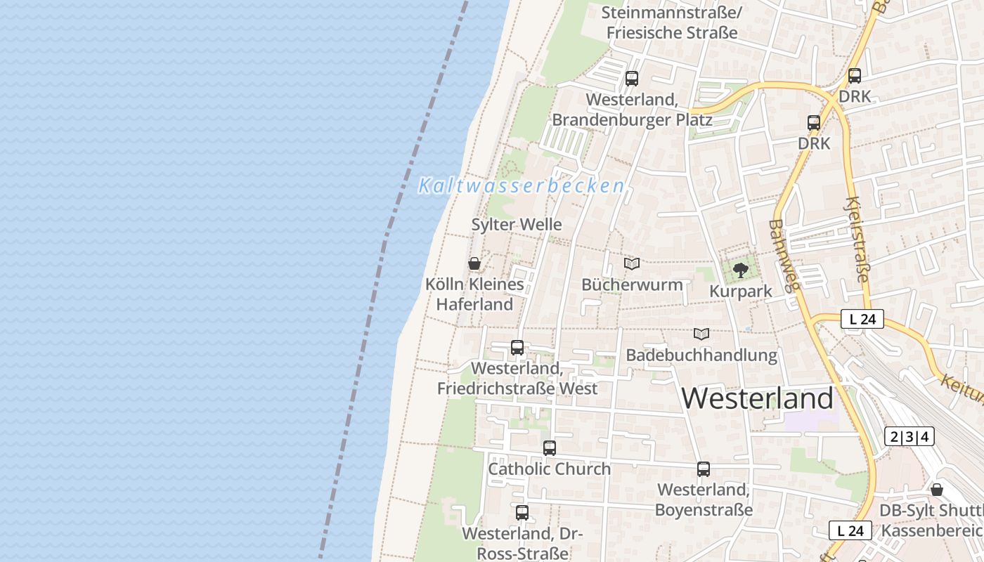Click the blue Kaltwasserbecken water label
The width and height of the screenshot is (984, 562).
[522, 186]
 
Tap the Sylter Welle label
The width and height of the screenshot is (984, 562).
[517, 225]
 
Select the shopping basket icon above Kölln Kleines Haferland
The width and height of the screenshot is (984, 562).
[474, 264]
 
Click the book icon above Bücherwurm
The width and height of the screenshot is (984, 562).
[632, 263]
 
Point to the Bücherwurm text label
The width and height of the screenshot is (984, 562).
[632, 285]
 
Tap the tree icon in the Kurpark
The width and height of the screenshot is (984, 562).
[740, 270]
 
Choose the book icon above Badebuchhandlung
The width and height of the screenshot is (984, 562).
[701, 334]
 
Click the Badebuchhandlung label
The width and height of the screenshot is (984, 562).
[701, 355]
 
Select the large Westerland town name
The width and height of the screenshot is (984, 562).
[758, 398]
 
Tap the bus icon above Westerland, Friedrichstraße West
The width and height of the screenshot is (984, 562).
[517, 347]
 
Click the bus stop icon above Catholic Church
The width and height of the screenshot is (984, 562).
[550, 447]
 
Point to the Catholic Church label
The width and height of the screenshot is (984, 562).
[550, 469]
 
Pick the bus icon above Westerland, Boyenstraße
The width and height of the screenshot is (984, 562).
[704, 469]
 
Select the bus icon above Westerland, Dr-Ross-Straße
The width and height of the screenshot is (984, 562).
[522, 513]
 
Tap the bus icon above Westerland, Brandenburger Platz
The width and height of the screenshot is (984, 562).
[632, 78]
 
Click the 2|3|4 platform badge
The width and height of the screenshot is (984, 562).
[909, 436]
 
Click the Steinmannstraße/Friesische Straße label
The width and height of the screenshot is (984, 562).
[672, 22]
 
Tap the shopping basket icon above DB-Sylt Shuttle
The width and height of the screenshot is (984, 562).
[937, 490]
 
